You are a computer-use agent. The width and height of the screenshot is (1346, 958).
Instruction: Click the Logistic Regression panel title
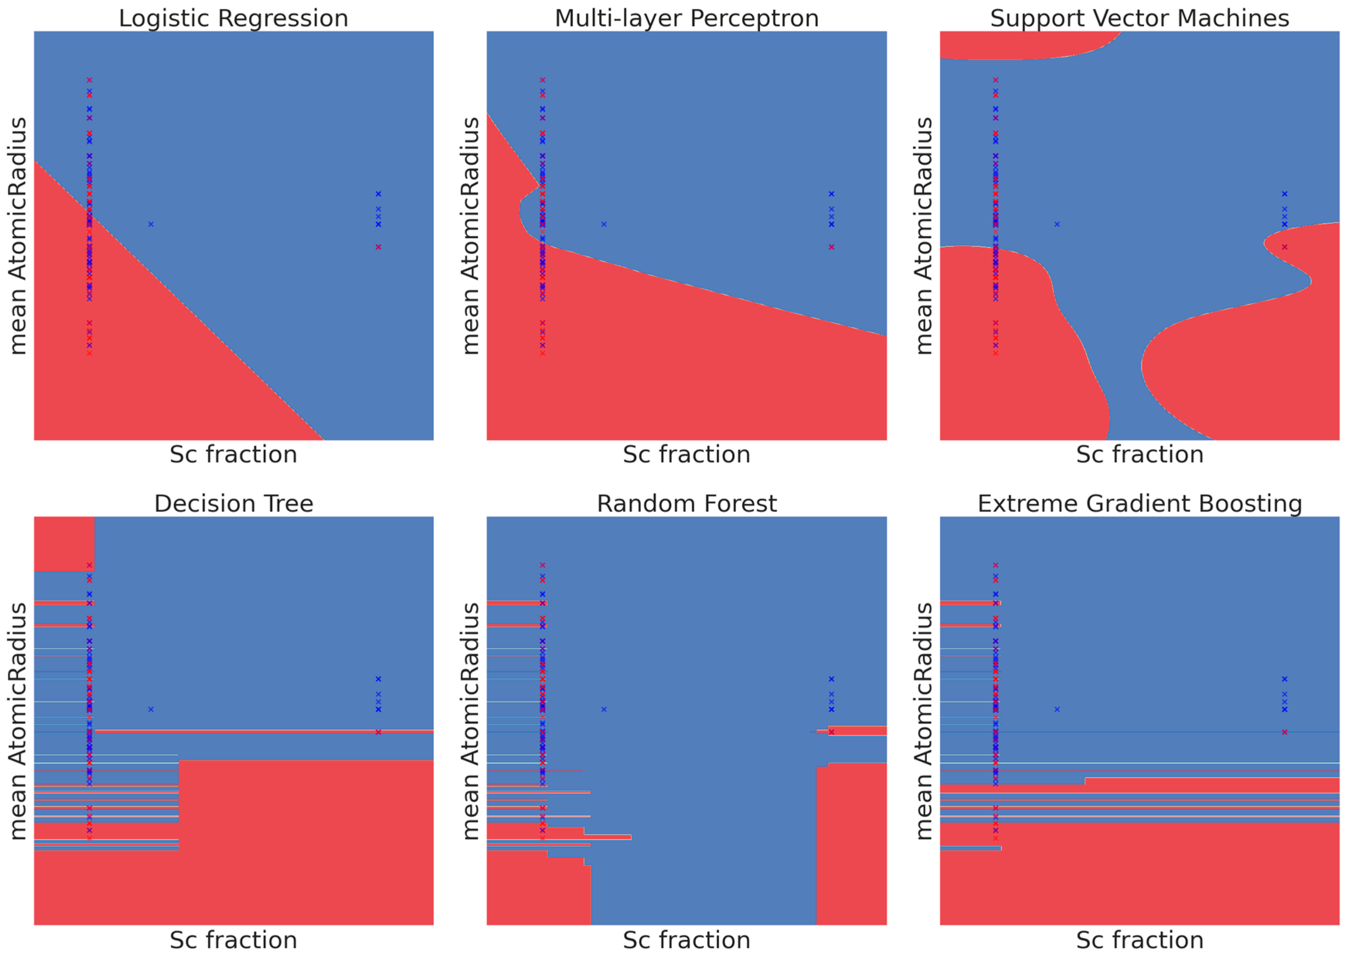[233, 18]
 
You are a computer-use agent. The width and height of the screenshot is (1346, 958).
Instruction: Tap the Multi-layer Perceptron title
[686, 18]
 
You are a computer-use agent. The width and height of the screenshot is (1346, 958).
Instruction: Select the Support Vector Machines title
[1139, 18]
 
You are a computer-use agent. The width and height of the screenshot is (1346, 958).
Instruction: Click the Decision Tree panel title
[233, 504]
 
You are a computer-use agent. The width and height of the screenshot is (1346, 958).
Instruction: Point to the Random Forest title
[686, 504]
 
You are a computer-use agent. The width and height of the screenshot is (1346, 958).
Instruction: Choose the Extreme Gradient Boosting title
[1139, 504]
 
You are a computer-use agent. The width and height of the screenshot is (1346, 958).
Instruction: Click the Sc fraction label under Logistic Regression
[233, 455]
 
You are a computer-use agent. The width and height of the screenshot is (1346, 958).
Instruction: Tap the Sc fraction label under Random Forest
[686, 940]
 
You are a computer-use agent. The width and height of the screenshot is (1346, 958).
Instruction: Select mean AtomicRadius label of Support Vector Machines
[924, 235]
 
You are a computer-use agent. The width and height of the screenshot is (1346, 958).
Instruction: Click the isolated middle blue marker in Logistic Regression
[151, 224]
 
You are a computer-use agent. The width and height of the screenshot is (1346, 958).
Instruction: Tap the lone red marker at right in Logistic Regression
[378, 247]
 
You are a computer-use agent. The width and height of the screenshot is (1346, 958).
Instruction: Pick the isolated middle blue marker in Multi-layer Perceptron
[603, 224]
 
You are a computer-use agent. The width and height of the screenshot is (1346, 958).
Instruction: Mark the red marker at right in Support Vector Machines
[1284, 247]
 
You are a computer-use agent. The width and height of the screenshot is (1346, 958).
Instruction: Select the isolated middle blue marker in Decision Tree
[151, 709]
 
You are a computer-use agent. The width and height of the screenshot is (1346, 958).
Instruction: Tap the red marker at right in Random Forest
[831, 732]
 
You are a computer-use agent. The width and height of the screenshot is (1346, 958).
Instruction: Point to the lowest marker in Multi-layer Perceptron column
[542, 353]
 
